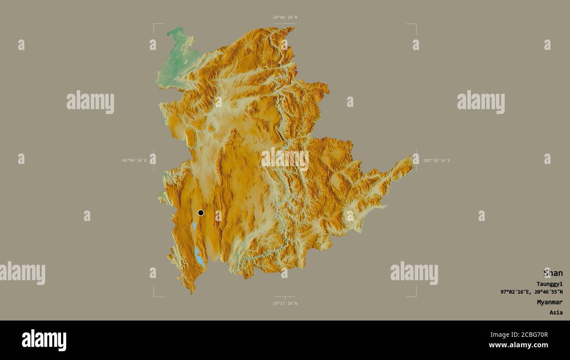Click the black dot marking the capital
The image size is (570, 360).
pos(201,213)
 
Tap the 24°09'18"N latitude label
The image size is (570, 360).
pos(285,18)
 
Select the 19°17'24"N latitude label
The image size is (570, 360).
pos(285,303)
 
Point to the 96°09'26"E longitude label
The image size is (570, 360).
pos(135,160)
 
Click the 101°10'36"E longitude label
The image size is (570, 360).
pos(437,160)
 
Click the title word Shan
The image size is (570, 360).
pos(553,273)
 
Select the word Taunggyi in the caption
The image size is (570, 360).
pos(549,284)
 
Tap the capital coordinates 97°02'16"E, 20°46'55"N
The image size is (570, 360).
pos(531,292)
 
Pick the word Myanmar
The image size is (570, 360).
pos(550,302)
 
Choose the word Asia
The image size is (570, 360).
pos(556,313)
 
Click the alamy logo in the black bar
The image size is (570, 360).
pos(44,340)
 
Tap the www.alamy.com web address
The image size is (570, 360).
pos(519,346)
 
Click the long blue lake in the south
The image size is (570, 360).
pos(199,257)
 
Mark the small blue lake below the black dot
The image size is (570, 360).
pos(194,226)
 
